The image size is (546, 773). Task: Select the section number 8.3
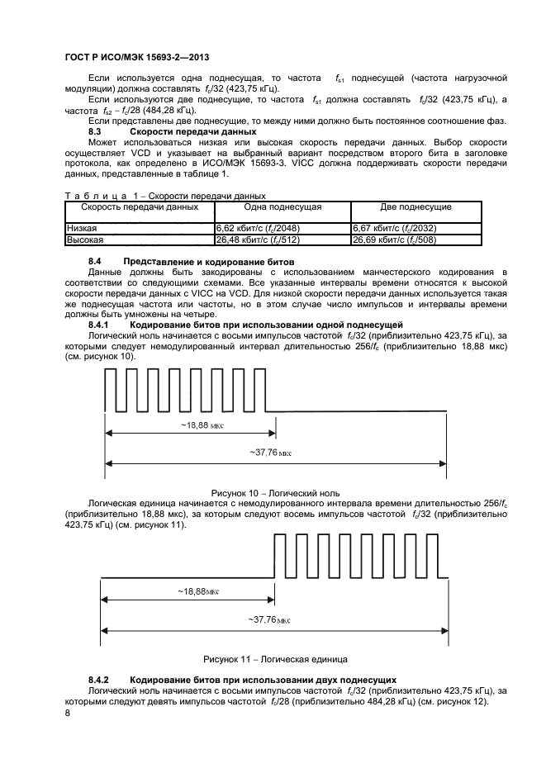94,131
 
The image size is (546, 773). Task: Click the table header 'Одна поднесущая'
282,207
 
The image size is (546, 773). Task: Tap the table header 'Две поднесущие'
415,207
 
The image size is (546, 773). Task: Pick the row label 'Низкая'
81,228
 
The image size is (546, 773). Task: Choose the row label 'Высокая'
84,239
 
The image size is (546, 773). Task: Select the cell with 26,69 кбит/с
394,239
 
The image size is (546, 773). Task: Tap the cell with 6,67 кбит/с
394,228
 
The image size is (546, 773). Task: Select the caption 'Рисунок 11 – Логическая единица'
275,659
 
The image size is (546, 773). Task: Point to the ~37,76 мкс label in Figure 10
271,453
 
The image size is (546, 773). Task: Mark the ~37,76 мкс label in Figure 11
271,619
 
